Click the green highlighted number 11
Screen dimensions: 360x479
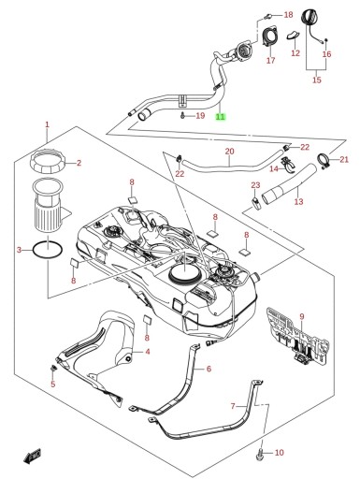221,117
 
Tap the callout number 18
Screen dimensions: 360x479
288,15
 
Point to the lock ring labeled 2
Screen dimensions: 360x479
50,162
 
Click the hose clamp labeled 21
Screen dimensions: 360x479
324,161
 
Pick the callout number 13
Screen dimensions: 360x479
298,201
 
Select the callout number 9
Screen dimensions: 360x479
302,317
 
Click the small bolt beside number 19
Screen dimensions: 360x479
182,116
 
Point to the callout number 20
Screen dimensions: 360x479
229,152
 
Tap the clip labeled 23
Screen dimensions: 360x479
257,204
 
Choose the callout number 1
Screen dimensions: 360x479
47,124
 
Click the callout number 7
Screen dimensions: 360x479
233,406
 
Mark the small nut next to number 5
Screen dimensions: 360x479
53,369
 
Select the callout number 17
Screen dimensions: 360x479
271,60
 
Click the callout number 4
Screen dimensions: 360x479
148,352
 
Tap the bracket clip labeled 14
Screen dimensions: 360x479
289,165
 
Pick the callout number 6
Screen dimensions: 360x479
209,369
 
